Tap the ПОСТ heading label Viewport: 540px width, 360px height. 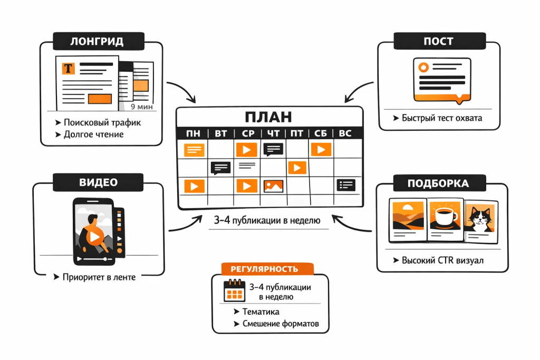click(x=438, y=41)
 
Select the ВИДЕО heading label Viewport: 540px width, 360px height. click(x=98, y=182)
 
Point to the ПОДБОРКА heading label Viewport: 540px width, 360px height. click(x=438, y=183)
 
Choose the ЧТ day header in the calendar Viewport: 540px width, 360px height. click(x=273, y=133)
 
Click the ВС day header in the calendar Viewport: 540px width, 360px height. click(x=345, y=133)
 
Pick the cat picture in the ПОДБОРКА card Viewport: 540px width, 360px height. click(x=480, y=219)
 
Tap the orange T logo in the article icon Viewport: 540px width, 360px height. click(x=68, y=69)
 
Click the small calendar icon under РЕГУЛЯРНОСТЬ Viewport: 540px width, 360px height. click(x=234, y=291)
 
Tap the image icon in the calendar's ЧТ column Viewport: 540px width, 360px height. click(x=273, y=186)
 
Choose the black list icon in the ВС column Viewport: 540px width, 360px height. click(x=346, y=185)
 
